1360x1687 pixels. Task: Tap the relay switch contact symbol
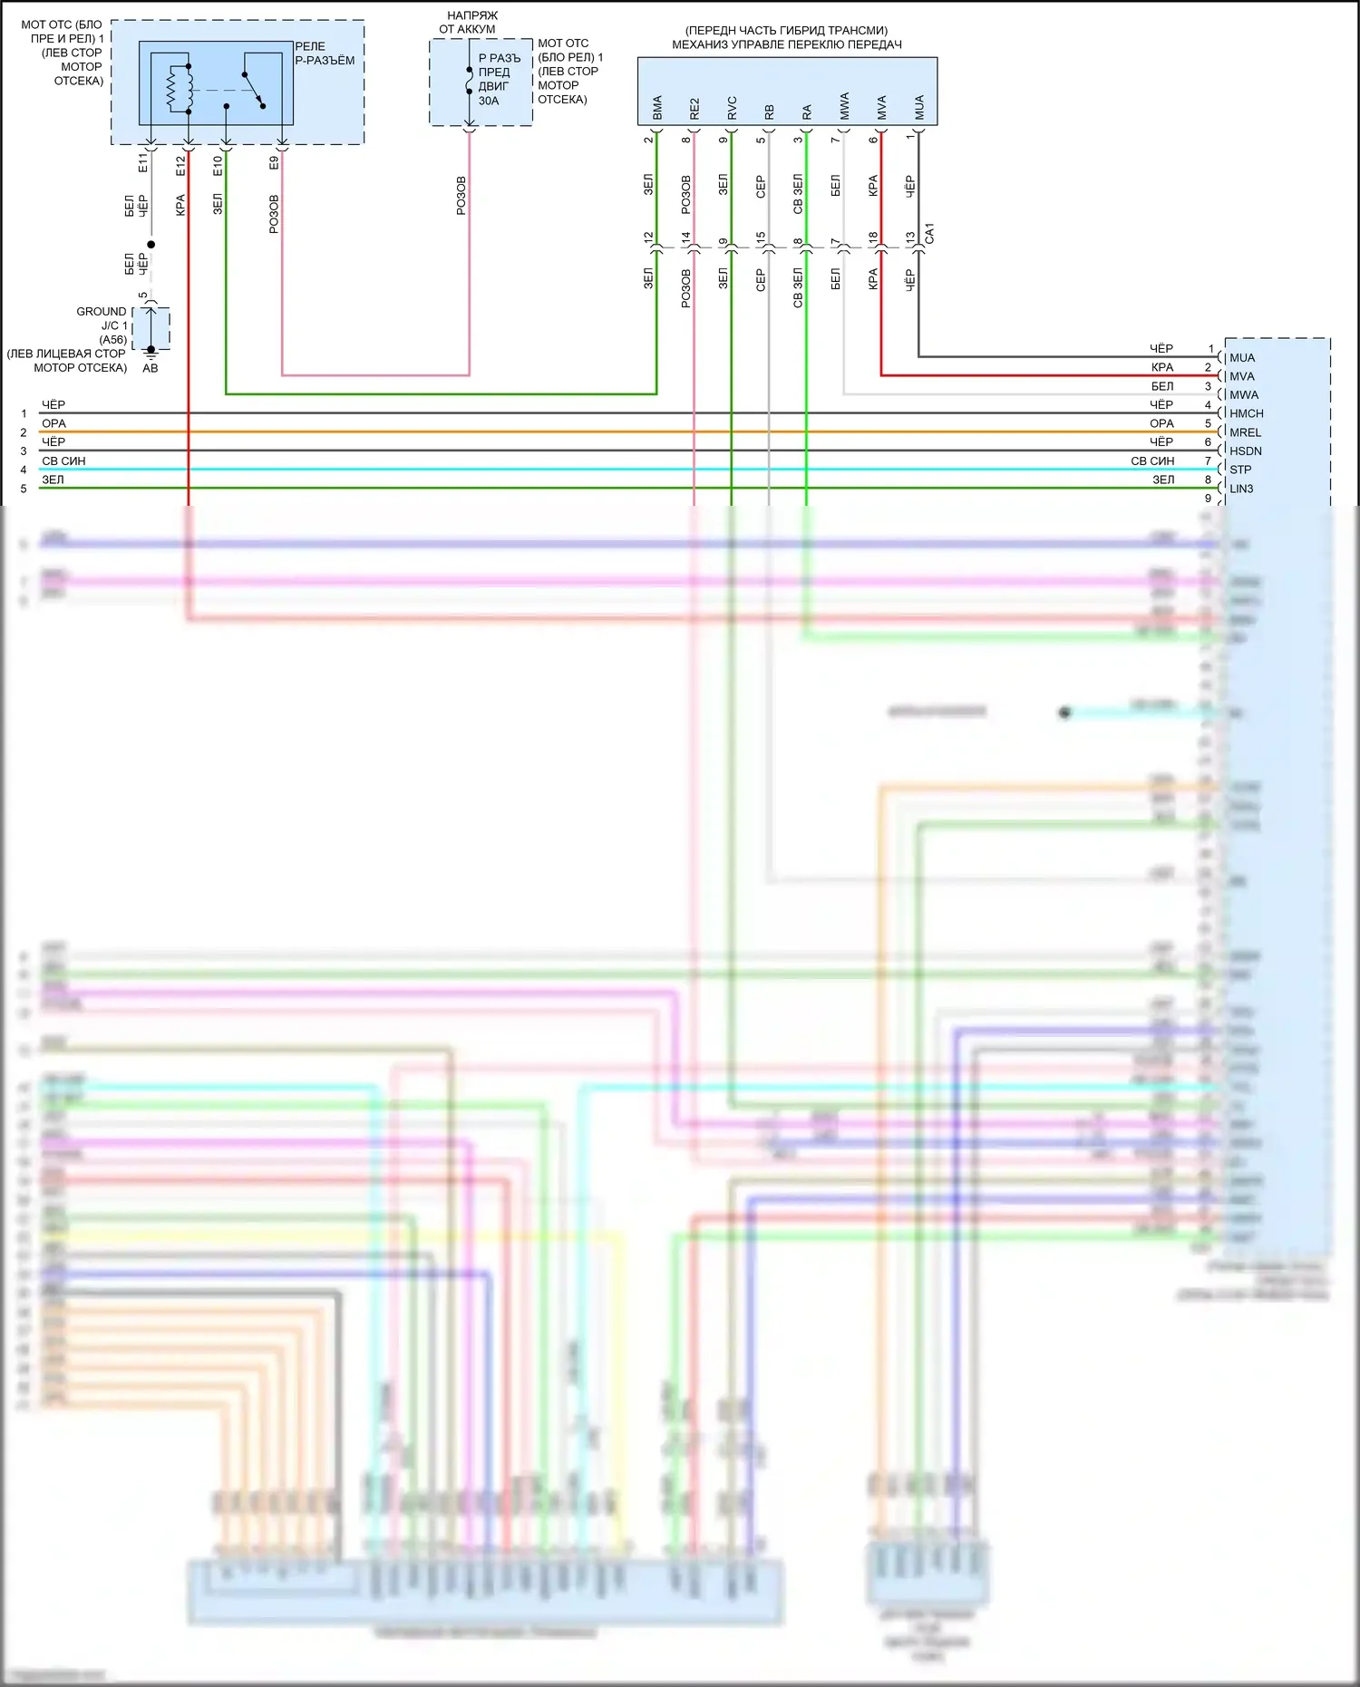(253, 91)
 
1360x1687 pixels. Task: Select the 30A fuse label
(489, 101)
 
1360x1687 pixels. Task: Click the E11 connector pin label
(142, 163)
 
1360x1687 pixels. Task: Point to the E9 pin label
(274, 163)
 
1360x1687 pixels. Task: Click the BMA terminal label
(657, 108)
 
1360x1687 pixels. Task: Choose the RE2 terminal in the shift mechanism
(695, 109)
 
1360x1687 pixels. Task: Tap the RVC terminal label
(732, 108)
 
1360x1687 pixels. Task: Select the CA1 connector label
(929, 233)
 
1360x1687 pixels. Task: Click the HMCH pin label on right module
(1246, 413)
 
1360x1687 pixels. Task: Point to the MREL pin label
(1245, 432)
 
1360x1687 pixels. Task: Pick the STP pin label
(1240, 470)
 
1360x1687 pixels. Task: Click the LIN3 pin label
(1241, 489)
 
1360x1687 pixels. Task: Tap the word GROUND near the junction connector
(102, 311)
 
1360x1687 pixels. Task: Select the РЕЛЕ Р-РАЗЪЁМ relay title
(324, 53)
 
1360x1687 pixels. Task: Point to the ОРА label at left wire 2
(53, 423)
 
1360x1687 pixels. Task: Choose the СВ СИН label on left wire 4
(63, 461)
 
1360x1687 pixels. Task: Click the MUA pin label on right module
(1242, 358)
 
